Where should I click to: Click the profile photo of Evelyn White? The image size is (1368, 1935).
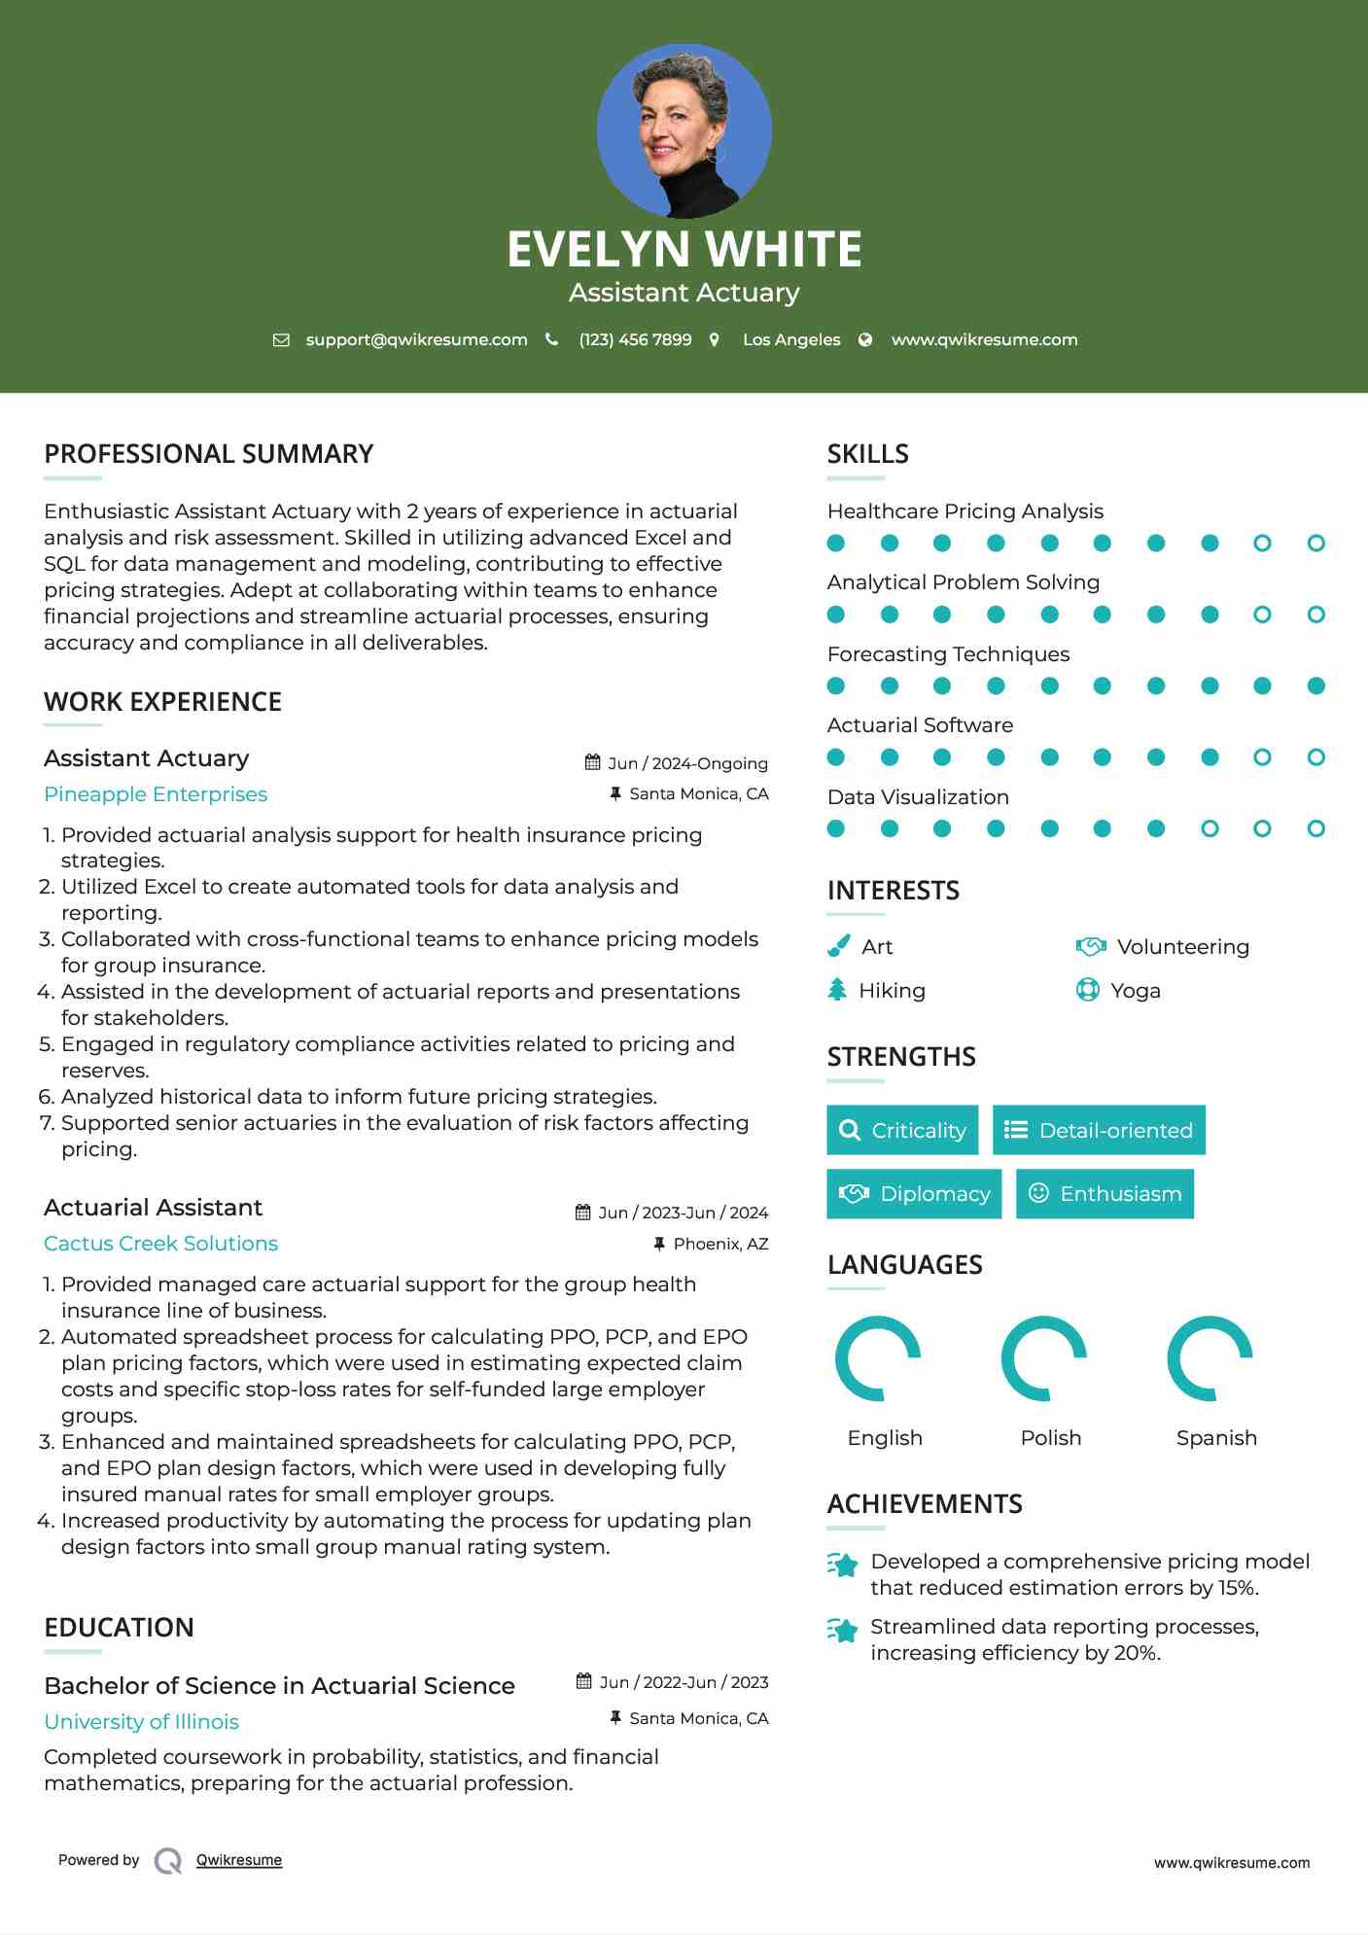684,130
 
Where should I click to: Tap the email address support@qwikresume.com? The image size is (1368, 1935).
416,339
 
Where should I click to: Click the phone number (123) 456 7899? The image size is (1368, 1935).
635,339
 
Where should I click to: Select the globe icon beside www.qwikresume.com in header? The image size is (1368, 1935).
865,339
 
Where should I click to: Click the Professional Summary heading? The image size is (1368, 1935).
209,454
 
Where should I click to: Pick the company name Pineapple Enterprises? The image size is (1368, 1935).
156,794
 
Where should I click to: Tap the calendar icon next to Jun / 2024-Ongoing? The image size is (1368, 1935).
592,762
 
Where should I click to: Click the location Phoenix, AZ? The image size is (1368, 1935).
720,1244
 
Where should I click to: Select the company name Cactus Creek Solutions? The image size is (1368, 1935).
160,1244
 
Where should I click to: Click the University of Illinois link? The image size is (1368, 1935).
141,1722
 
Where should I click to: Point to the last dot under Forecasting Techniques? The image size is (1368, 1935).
1315,686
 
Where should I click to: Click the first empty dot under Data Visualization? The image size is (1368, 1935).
1210,828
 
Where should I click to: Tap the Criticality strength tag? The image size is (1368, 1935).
902,1130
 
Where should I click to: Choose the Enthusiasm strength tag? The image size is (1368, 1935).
1105,1194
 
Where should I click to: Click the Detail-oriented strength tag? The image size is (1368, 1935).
1099,1130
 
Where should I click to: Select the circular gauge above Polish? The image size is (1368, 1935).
1043,1358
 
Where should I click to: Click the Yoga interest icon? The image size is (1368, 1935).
1087,990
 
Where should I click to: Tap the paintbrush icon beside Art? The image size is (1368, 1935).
838,946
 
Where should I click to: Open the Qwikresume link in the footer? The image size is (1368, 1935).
239,1860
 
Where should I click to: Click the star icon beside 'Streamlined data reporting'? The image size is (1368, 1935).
843,1631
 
